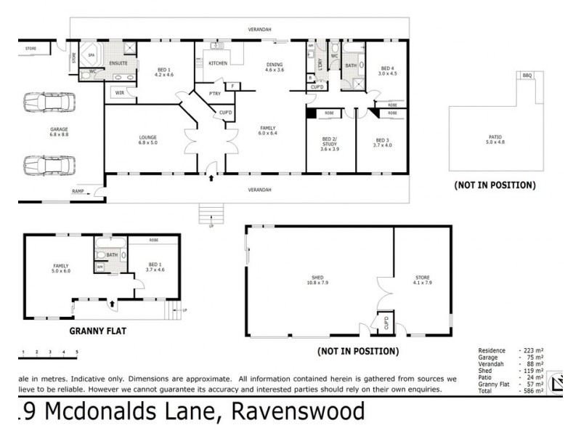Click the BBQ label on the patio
[x=527, y=75]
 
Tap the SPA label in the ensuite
[x=92, y=54]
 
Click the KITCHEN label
[x=218, y=63]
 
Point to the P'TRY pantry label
[x=214, y=93]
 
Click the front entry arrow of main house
[x=211, y=177]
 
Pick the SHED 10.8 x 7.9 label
[x=316, y=279]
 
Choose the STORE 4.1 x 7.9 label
[x=423, y=279]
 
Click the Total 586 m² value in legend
[x=532, y=391]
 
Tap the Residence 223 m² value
[x=532, y=350]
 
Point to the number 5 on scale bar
[x=77, y=352]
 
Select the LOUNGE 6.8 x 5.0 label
[x=148, y=140]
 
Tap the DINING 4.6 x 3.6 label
[x=275, y=66]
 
